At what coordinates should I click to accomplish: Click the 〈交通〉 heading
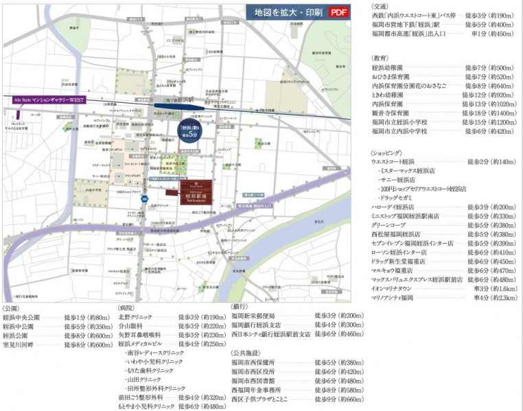click(x=380, y=5)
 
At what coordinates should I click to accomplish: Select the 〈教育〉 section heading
click(x=380, y=58)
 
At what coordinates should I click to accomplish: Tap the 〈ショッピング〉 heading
click(x=386, y=153)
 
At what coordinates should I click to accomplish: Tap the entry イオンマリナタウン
click(x=396, y=289)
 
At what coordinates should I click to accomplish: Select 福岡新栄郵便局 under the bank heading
click(x=255, y=316)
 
